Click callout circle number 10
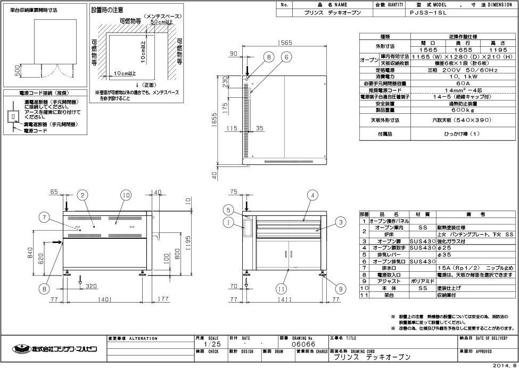coord(125,196)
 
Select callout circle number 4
coord(314,196)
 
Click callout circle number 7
coord(45,217)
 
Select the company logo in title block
coord(53,349)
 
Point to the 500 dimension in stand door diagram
coord(18,71)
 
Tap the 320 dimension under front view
coord(90,286)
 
